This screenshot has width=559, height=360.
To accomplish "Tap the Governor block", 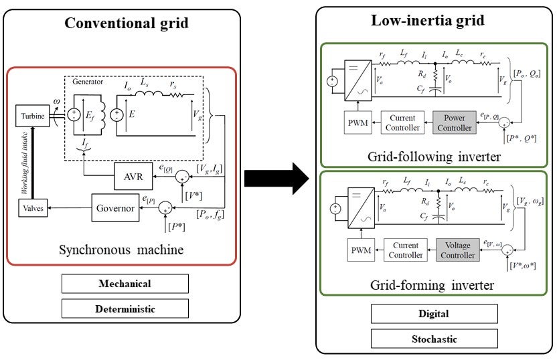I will [114, 209].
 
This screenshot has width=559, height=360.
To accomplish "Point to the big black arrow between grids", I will [275, 179].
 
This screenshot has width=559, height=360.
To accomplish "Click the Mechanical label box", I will [125, 283].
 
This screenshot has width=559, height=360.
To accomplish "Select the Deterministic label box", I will [125, 308].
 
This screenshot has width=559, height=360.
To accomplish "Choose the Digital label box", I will [434, 313].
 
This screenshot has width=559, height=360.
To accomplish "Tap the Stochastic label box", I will [434, 338].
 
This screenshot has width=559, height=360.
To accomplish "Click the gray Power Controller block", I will [455, 123].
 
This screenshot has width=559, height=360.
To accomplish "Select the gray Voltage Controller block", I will [458, 250].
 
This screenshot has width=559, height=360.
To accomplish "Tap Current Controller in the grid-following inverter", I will [404, 123].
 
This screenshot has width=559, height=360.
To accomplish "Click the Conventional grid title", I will [126, 23].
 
